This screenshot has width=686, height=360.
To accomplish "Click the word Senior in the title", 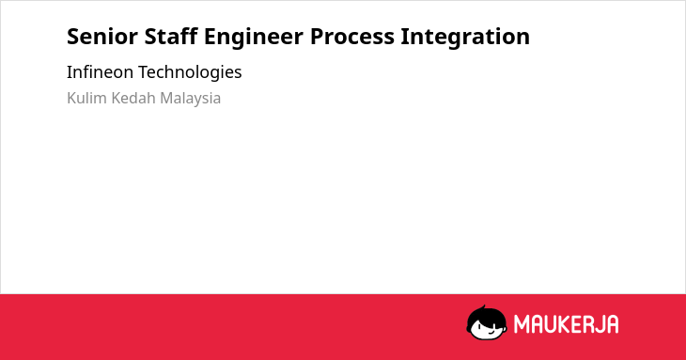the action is pos(102,37).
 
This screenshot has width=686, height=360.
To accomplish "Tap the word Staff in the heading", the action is pos(171,36).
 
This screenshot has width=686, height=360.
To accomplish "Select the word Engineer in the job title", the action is pos(254,38).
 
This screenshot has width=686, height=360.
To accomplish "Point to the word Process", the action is pos(352,37).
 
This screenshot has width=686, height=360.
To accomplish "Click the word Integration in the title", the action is pos(465,38).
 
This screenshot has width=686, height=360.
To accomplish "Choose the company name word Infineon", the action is pos(100,71).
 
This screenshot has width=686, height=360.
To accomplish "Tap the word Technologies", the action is pos(190,72).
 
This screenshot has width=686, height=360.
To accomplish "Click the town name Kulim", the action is pos(86,98).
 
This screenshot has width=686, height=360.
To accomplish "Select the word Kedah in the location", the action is pos(133,98).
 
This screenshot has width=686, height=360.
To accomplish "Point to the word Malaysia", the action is pos(191,99).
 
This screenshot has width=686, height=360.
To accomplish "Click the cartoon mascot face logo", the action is pos(487,322).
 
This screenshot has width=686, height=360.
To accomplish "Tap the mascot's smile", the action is pos(491,332).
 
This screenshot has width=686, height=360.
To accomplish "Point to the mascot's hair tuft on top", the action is pos(483,307).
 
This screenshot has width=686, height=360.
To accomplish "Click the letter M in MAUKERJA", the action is pos(522,324).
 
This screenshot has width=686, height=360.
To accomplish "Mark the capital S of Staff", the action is pos(150,37).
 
